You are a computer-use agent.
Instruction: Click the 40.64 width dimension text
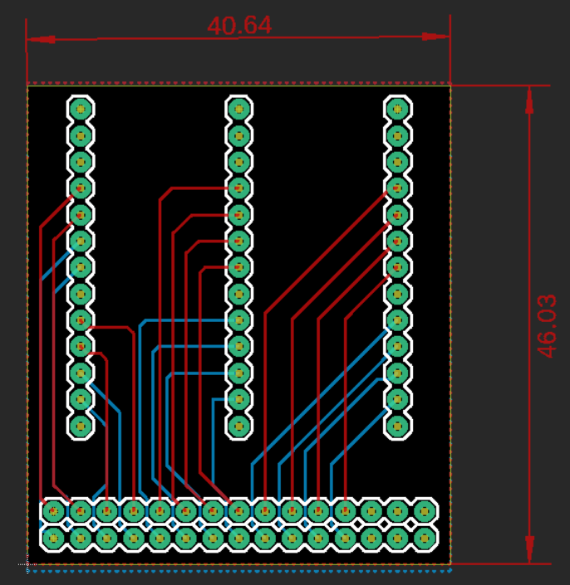tap(239, 26)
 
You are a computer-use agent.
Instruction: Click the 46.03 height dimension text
tap(546, 325)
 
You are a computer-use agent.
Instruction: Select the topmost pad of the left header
tap(81, 108)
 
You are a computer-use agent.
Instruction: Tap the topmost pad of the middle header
tap(239, 108)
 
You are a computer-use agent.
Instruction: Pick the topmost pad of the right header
tap(398, 108)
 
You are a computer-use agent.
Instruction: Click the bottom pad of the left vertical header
tap(81, 427)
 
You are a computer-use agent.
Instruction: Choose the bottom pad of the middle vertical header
tap(239, 427)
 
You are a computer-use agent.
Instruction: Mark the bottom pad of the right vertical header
tap(398, 427)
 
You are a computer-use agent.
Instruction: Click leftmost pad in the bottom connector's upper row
tap(54, 511)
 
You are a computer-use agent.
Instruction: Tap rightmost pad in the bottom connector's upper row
tap(425, 511)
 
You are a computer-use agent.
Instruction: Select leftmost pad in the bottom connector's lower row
tap(54, 538)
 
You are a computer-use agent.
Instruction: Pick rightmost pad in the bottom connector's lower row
tap(425, 538)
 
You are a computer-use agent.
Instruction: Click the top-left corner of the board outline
tap(27, 85)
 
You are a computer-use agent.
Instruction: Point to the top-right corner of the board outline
tap(450, 85)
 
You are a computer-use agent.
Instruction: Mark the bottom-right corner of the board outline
tap(450, 563)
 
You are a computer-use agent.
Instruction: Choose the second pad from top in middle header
tap(239, 134)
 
